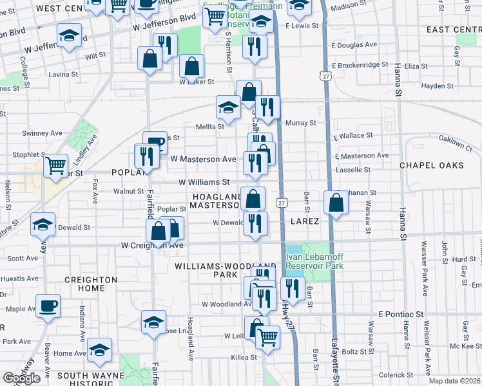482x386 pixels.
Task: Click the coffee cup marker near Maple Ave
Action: point(47,306)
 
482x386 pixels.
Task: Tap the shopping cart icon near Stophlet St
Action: point(56,165)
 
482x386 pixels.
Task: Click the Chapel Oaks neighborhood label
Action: point(431,165)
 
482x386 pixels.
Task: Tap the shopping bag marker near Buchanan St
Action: point(336,203)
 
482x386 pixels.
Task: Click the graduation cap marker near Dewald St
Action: point(43,224)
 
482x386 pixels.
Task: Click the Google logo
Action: point(21,378)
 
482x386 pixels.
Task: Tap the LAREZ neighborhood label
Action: point(304,221)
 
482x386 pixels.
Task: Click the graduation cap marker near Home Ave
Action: point(99,350)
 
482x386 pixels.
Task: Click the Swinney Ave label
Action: point(42,133)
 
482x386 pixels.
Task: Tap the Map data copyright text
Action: point(455,381)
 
